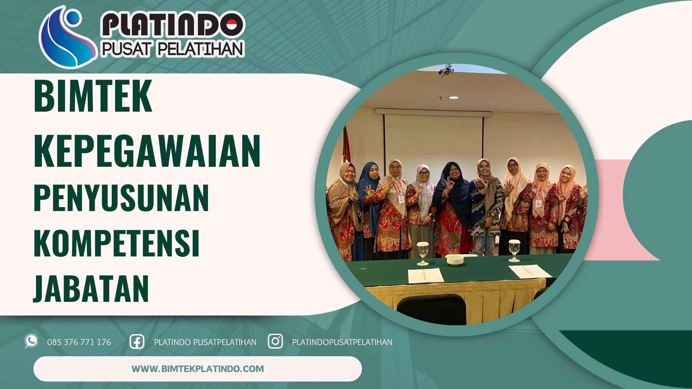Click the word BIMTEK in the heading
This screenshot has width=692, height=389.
pos(93,96)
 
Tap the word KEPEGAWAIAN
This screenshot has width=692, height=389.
pos(147,151)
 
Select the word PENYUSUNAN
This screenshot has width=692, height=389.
pos(121,198)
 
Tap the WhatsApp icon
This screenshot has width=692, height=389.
pos(31,341)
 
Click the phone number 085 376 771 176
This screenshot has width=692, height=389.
pos(79,342)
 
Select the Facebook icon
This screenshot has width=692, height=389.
pos(137,341)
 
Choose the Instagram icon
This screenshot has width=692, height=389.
pos(275,341)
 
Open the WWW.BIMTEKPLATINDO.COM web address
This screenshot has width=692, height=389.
pos(198,369)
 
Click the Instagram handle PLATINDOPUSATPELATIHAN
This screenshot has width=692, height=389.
pos(342,342)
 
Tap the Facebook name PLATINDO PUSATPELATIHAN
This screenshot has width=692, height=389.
pos(205,342)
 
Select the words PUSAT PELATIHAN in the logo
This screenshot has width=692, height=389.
pos(172,49)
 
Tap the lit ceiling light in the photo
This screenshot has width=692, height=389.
pos(453,98)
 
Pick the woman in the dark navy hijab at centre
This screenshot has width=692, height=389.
pos(451,205)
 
